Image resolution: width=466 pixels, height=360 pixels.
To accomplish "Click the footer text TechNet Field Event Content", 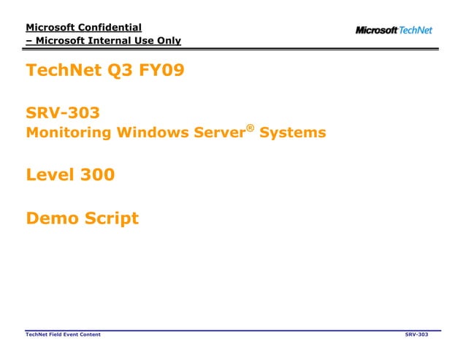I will [x=63, y=334].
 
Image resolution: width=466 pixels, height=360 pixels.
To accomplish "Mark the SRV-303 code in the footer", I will [x=416, y=334].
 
